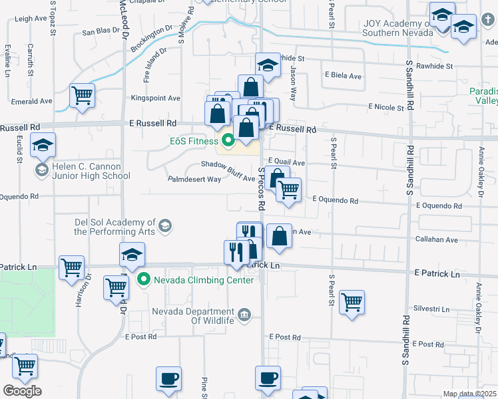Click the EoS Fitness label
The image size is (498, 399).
coord(192,141)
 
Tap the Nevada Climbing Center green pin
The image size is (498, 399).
coord(142,280)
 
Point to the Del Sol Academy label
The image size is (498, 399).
coord(115,227)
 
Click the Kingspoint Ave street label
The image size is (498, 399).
coord(156,98)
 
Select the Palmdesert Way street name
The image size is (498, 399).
coord(194,179)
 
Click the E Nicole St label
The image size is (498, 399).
coord(386,107)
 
